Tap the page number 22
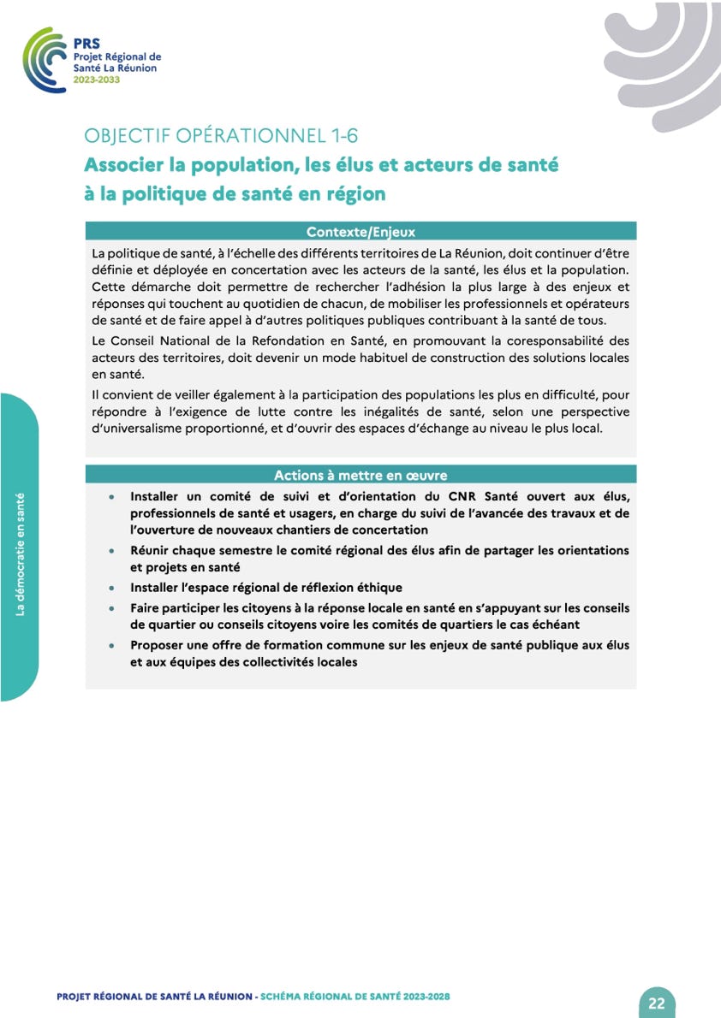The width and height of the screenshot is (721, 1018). point(656,1003)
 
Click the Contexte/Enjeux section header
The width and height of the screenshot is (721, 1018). point(360,231)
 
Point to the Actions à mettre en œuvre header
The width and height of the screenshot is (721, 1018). point(360,475)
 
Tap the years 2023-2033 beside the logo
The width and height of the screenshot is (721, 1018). point(97,79)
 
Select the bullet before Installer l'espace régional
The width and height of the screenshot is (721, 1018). point(111,589)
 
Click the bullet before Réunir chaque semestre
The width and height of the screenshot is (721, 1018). point(111,551)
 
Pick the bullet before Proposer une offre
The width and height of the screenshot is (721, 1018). point(111,646)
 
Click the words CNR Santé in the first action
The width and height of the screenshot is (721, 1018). point(485,496)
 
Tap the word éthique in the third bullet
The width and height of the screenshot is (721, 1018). point(378,588)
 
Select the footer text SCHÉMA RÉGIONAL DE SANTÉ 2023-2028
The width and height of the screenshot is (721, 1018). point(355,997)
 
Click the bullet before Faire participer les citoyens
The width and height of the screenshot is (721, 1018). point(111,608)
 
